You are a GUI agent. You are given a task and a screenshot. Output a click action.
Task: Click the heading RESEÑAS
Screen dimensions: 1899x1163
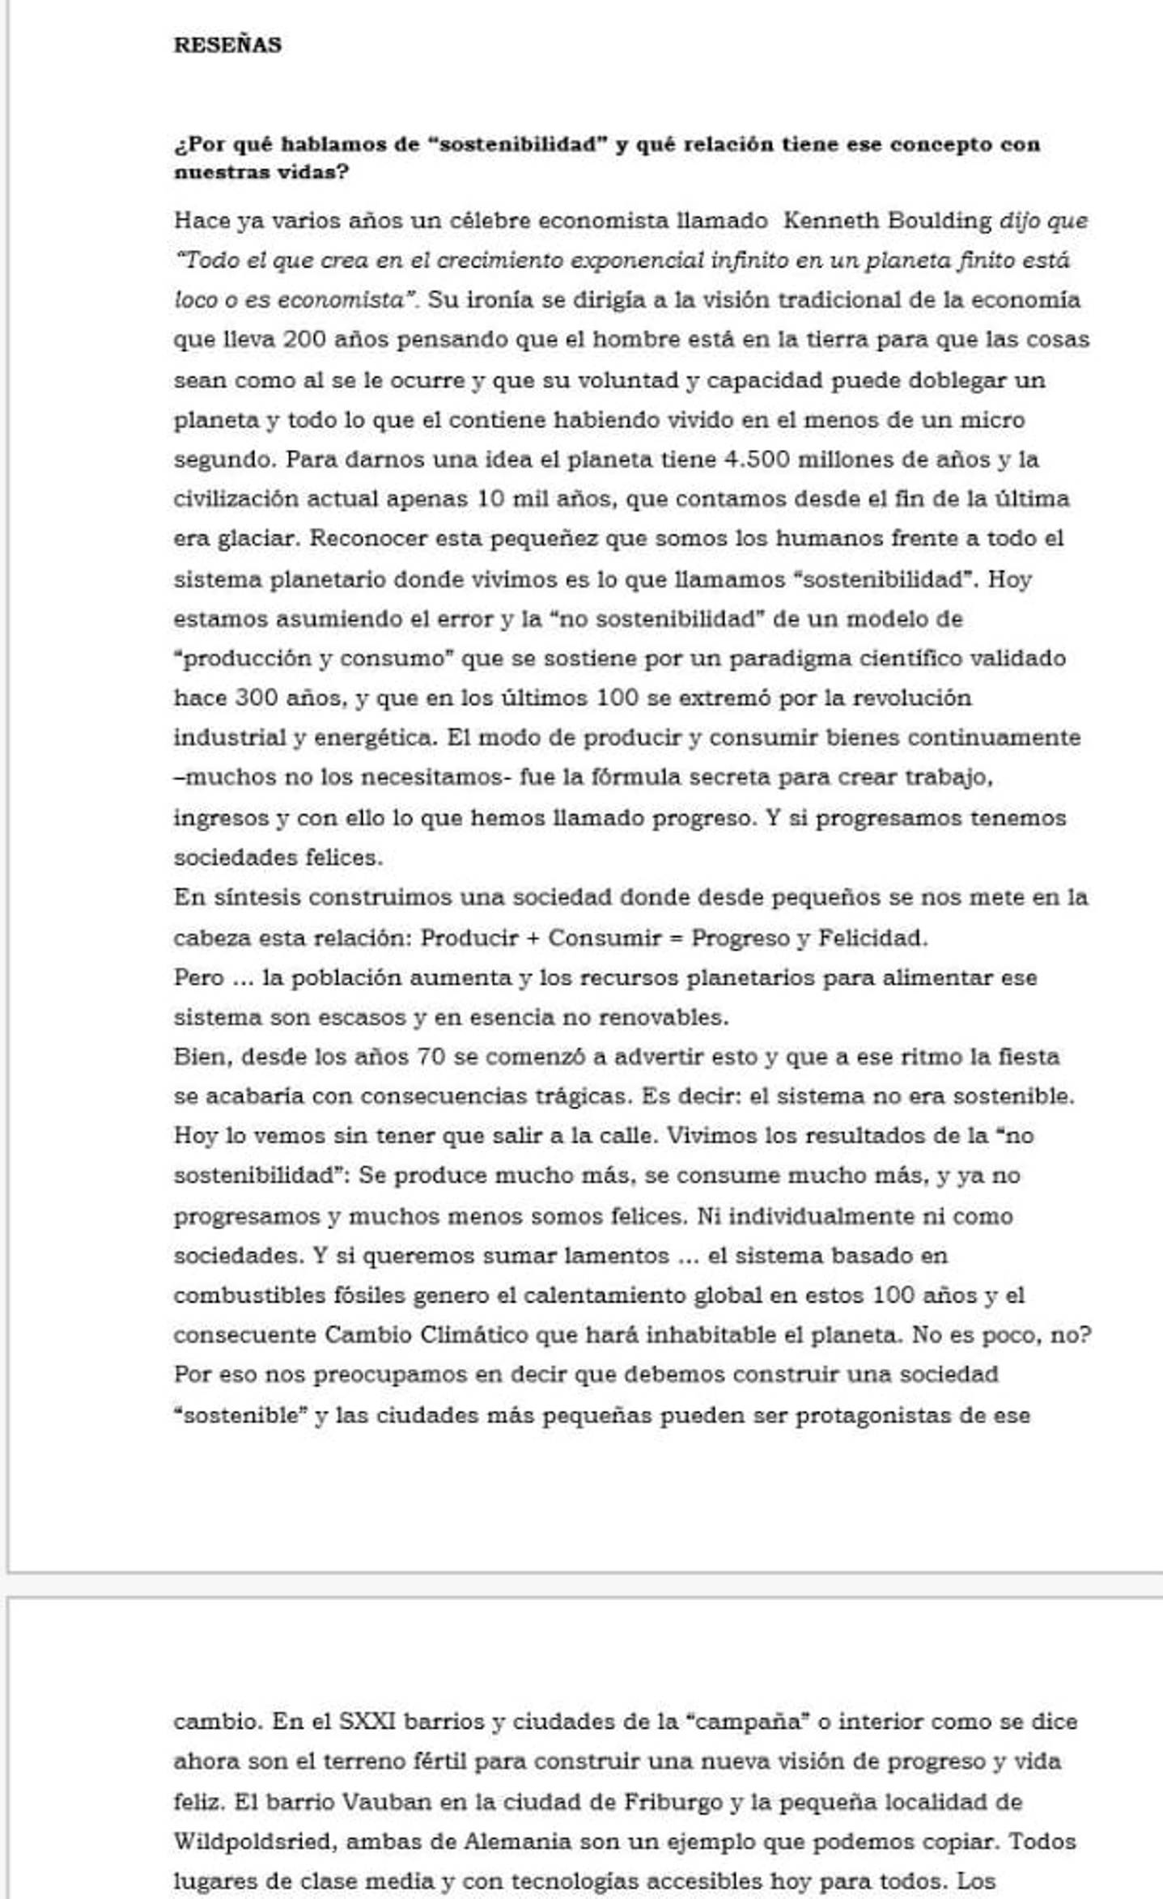coord(227,45)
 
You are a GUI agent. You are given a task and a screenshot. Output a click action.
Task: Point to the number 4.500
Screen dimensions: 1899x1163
coord(756,460)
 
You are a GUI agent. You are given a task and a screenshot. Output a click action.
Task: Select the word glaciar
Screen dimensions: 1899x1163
coord(257,539)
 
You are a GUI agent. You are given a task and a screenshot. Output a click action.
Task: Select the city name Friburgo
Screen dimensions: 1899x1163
coord(673,1801)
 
